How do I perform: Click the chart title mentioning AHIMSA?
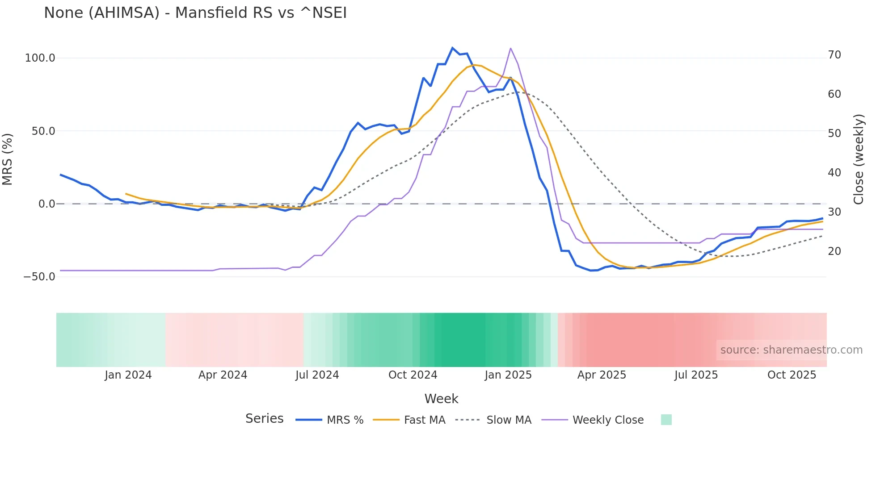click(x=195, y=13)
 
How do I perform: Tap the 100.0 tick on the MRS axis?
click(x=40, y=58)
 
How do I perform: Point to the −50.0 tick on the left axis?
click(x=39, y=277)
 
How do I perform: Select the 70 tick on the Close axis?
click(x=834, y=55)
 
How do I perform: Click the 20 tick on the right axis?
click(x=834, y=251)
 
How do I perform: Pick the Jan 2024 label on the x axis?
click(x=128, y=375)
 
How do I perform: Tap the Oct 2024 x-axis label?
click(x=413, y=375)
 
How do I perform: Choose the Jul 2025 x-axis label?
click(x=696, y=375)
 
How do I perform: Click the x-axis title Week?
click(x=441, y=399)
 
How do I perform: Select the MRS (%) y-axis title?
click(x=8, y=159)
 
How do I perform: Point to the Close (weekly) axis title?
click(x=859, y=159)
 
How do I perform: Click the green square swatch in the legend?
click(x=666, y=420)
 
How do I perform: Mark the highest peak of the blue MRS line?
click(x=452, y=48)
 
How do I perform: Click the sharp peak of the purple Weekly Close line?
click(x=510, y=48)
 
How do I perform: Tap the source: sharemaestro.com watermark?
click(x=791, y=350)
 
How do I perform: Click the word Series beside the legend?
click(x=264, y=419)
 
